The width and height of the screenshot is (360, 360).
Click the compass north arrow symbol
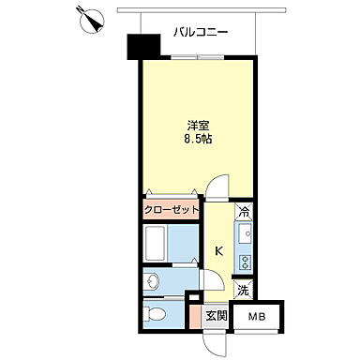tap(92, 20)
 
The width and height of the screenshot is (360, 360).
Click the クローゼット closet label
tap(172, 209)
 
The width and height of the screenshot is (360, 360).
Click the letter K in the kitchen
tap(218, 250)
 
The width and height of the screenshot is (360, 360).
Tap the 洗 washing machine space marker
tap(243, 292)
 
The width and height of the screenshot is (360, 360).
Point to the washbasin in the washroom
tap(153, 279)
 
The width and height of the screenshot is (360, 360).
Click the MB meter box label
tap(257, 318)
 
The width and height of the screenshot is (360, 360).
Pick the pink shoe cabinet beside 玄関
tap(194, 317)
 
